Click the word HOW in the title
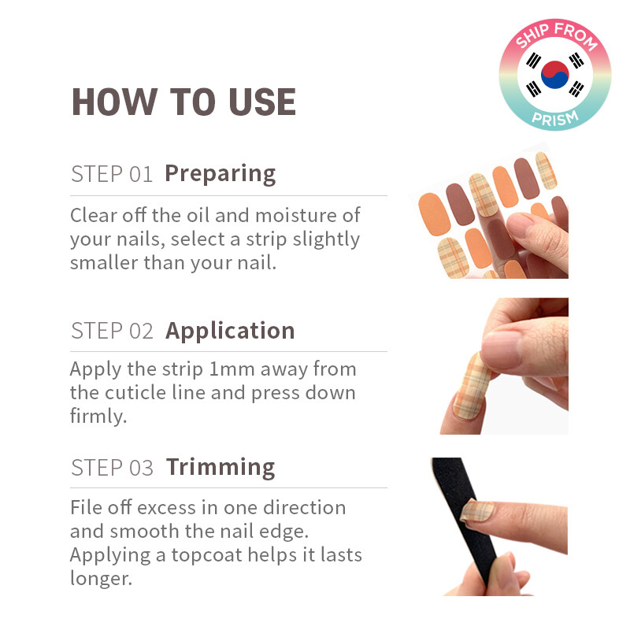pyautogui.click(x=114, y=102)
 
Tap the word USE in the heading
pyautogui.click(x=262, y=102)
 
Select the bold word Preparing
pyautogui.click(x=220, y=174)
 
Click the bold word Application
pyautogui.click(x=230, y=331)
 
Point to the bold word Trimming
pyautogui.click(x=220, y=467)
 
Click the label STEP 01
pyautogui.click(x=112, y=174)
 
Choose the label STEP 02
pyautogui.click(x=112, y=331)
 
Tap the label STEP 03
pyautogui.click(x=112, y=468)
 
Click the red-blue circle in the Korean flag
pyautogui.click(x=555, y=75)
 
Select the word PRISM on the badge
pyautogui.click(x=555, y=118)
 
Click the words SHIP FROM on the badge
pyautogui.click(x=556, y=35)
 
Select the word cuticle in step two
pyautogui.click(x=135, y=392)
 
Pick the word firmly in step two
pyautogui.click(x=98, y=417)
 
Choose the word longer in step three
pyautogui.click(x=101, y=579)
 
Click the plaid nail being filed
pyautogui.click(x=478, y=511)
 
